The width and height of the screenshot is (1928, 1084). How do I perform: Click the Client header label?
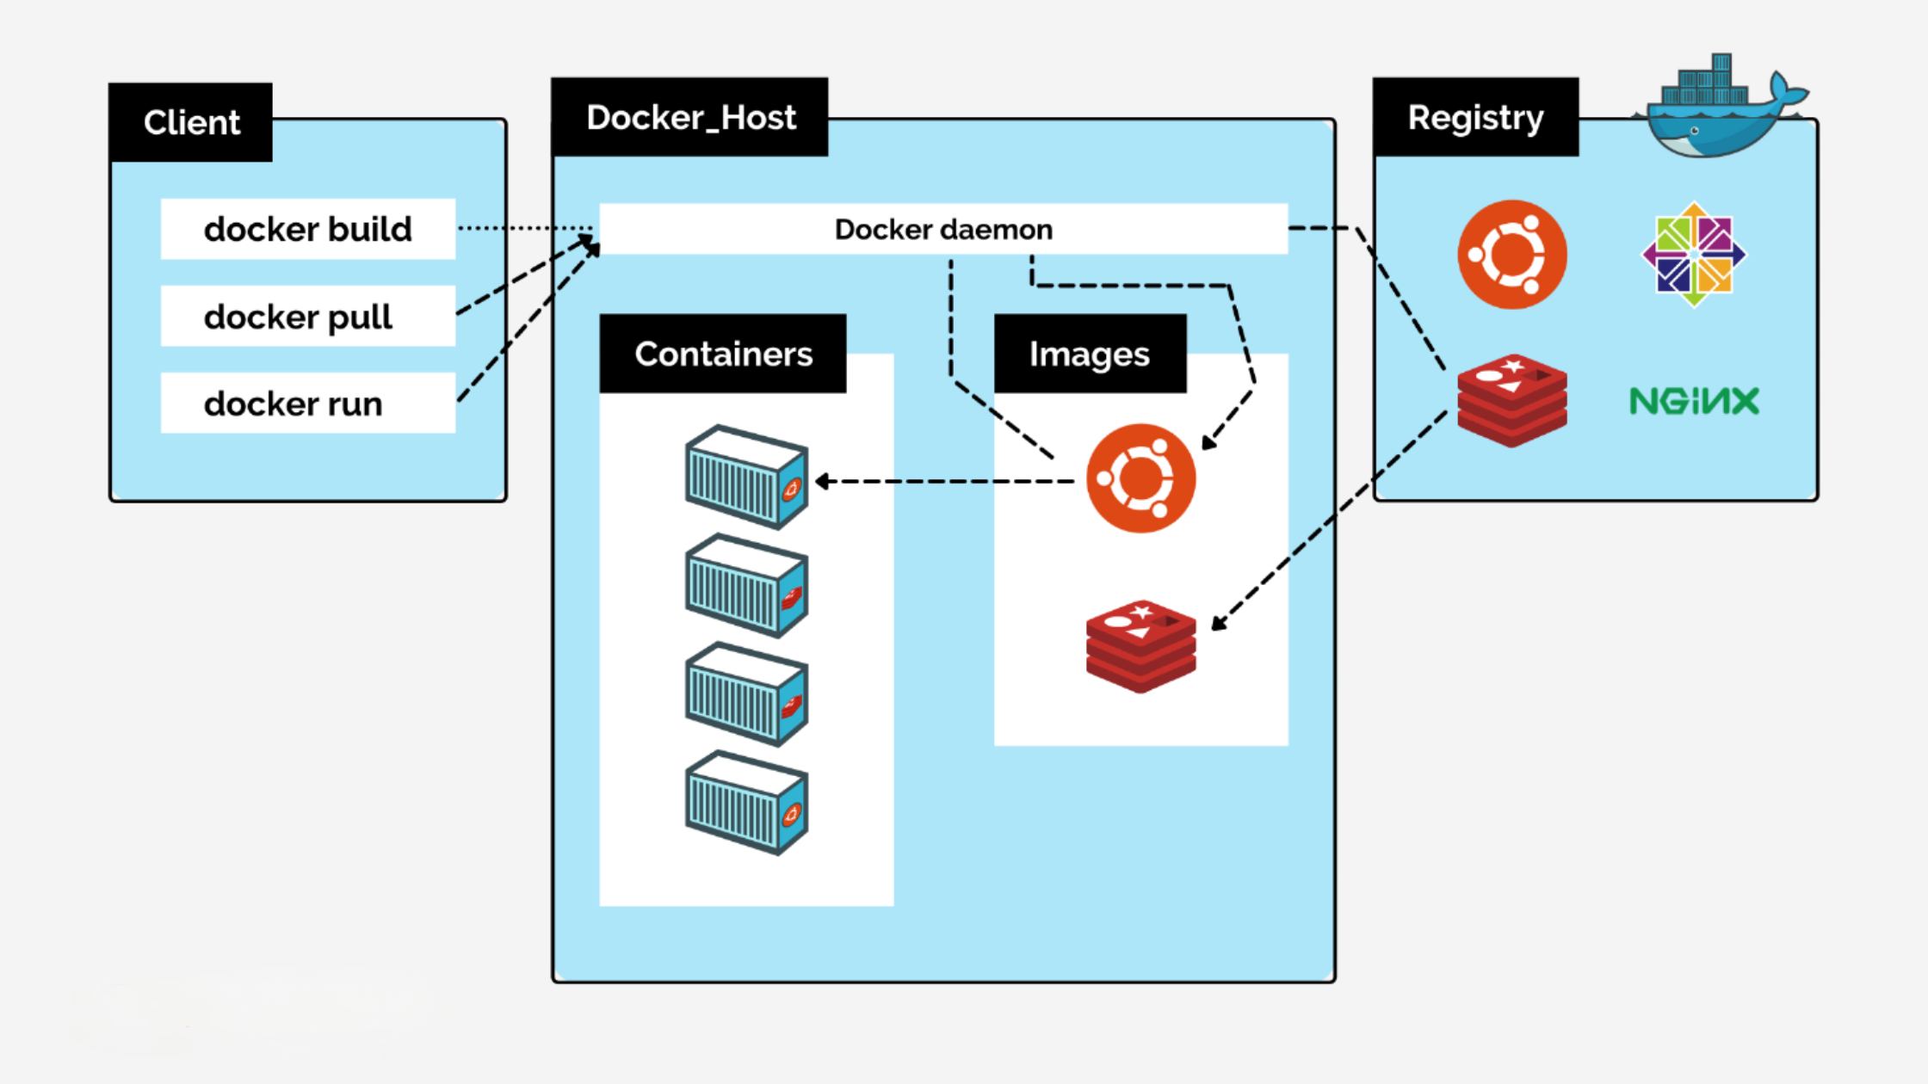pos(191,122)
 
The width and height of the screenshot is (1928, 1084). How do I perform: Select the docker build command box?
pos(307,229)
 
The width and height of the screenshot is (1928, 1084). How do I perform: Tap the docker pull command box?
pos(307,317)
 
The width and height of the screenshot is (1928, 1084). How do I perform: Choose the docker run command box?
pos(307,403)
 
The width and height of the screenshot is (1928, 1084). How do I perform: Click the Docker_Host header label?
pos(690,117)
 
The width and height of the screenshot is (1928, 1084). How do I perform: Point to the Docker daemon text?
pos(943,230)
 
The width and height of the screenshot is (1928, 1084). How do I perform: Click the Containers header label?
pos(723,354)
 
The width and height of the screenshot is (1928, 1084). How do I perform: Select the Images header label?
pos(1090,354)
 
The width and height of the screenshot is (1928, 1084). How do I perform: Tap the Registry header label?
pos(1475,117)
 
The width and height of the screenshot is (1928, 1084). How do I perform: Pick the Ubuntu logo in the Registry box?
pos(1512,255)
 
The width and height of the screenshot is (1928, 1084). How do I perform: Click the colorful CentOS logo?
pos(1694,255)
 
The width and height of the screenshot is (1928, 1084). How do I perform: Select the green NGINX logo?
pos(1694,401)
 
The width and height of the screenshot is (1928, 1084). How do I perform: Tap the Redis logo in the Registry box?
pos(1512,401)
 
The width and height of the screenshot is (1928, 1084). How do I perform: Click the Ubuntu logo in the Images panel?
pos(1140,478)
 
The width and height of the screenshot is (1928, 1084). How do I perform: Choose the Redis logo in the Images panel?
pos(1140,646)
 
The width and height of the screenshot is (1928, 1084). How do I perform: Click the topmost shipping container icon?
pos(746,477)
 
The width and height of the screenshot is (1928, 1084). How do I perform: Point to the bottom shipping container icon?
pos(746,802)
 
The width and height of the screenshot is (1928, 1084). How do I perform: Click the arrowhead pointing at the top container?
pos(821,482)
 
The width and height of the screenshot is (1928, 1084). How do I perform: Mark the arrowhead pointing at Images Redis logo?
pos(1217,624)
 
